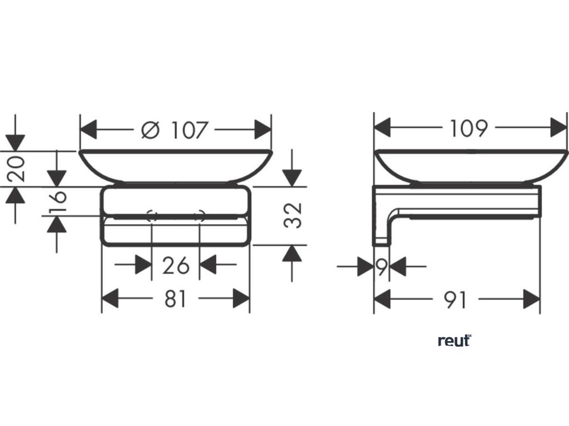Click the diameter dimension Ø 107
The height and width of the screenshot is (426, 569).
(x=175, y=131)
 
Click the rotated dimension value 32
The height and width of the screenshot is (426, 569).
(x=295, y=215)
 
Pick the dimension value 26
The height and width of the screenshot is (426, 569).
(x=176, y=266)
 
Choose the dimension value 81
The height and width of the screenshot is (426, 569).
(x=176, y=300)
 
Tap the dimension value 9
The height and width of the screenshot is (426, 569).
(x=381, y=267)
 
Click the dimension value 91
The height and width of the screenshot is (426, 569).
(x=455, y=301)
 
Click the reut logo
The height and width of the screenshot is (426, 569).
(x=455, y=341)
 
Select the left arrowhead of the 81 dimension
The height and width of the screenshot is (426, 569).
(x=110, y=299)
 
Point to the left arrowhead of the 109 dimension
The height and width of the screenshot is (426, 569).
(x=383, y=128)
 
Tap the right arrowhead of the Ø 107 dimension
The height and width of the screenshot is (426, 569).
(x=263, y=130)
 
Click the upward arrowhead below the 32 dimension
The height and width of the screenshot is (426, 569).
(x=292, y=253)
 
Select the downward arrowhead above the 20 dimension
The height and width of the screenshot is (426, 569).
(x=15, y=142)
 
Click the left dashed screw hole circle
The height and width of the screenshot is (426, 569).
(x=152, y=216)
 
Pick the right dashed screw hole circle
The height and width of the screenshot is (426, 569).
(x=200, y=216)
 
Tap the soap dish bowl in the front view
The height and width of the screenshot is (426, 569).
(x=175, y=165)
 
